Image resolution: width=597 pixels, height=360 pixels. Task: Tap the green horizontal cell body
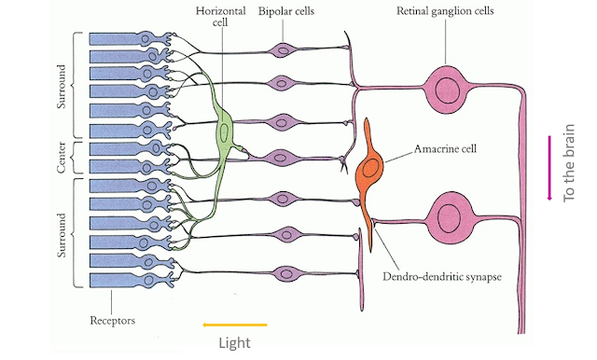225,132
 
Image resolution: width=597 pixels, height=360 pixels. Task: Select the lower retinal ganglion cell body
451,217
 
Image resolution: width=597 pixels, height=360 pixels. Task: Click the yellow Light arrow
235,325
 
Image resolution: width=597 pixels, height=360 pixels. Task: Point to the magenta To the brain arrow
549,168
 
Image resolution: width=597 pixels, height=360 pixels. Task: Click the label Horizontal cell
220,17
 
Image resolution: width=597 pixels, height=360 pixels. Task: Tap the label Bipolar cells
286,11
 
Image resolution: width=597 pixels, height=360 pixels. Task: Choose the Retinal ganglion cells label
445,11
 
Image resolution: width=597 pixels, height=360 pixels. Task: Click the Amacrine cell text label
445,148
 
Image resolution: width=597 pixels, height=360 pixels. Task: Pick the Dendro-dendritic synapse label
442,277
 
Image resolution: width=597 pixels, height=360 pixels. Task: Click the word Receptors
112,321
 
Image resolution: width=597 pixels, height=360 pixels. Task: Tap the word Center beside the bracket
62,158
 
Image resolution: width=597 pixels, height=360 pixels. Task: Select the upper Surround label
62,87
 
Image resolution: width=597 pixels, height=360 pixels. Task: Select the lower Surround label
62,235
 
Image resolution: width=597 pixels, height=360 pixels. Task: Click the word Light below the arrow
234,343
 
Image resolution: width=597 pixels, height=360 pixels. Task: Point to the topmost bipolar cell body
282,49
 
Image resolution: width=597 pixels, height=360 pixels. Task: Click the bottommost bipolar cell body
287,273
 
